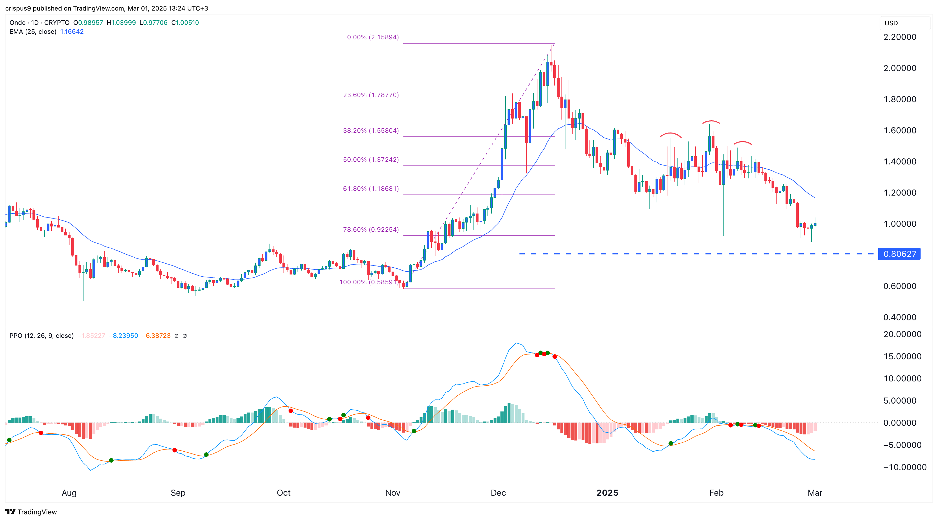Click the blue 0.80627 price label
[899, 254]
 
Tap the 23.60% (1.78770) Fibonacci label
[371, 95]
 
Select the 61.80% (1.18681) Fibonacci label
[371, 188]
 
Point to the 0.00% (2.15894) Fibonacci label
[373, 37]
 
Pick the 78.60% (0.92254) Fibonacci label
[371, 230]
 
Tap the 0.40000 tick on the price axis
[899, 317]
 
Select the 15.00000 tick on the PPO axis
[902, 357]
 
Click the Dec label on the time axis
[498, 492]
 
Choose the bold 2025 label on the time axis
[607, 492]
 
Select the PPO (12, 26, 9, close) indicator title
[41, 335]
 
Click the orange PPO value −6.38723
[156, 335]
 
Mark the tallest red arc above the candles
[711, 122]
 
